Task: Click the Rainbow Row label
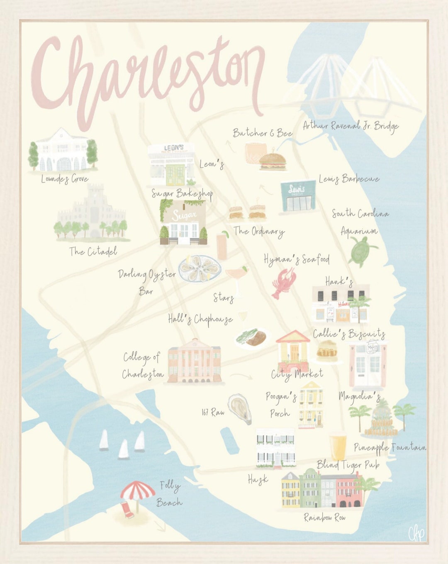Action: tap(324, 518)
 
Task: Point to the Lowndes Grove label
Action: tap(65, 179)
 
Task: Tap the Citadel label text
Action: tap(93, 251)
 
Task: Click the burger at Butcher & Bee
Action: tap(273, 162)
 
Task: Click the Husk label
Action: tap(258, 480)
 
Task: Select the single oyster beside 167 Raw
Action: tap(240, 409)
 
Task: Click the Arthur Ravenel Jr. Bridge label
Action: tap(351, 126)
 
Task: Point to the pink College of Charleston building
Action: tap(194, 360)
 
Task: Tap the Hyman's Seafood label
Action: tap(297, 259)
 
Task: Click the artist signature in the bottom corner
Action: tap(416, 533)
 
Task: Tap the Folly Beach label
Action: tap(170, 494)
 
